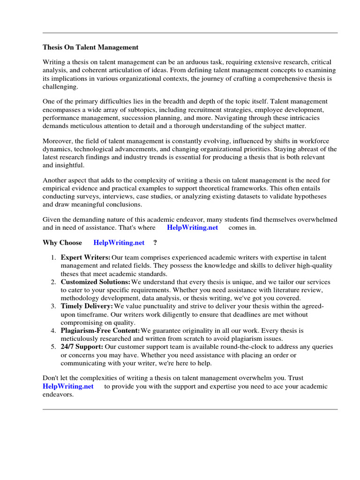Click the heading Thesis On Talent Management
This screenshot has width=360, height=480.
coord(90,47)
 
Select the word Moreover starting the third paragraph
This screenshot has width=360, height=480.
coord(58,141)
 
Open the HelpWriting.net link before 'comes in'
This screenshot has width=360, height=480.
coord(192,228)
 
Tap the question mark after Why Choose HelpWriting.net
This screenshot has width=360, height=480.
coord(155,243)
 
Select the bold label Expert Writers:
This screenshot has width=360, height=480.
coord(85,258)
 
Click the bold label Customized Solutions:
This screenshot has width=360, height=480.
coord(96,282)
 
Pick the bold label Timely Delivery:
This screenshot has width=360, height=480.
coord(87,306)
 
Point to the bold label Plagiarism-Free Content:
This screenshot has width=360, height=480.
coord(100,330)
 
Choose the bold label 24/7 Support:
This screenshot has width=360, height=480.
coord(82,347)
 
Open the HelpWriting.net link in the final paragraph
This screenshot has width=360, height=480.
coord(68,387)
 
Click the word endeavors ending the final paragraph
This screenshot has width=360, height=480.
coord(57,395)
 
